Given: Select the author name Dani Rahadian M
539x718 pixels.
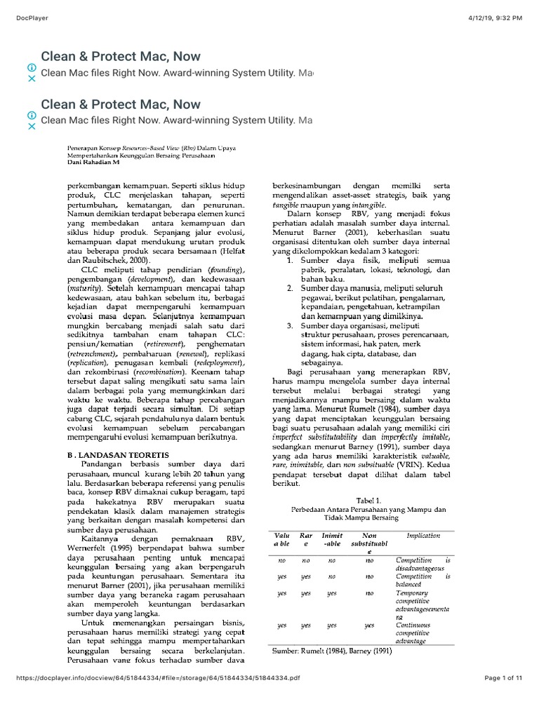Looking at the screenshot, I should click(x=93, y=162).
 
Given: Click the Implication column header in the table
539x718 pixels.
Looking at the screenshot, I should click(x=423, y=536).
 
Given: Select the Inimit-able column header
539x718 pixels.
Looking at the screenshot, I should click(x=331, y=540).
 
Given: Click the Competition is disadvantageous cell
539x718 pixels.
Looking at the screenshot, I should click(x=423, y=564).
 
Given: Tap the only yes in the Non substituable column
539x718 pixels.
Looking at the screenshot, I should click(x=369, y=625).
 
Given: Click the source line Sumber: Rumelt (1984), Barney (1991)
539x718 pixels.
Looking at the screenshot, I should click(x=332, y=650).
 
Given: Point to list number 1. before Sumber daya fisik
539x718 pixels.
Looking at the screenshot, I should click(x=292, y=260).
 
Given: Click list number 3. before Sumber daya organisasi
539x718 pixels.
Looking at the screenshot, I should click(x=292, y=326).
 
